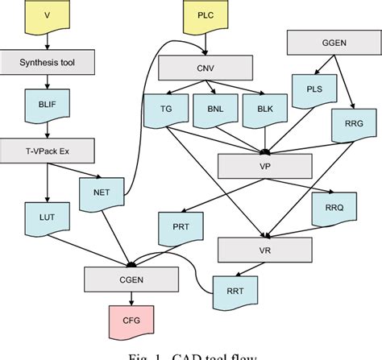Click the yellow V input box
point(47,16)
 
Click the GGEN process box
point(330,43)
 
